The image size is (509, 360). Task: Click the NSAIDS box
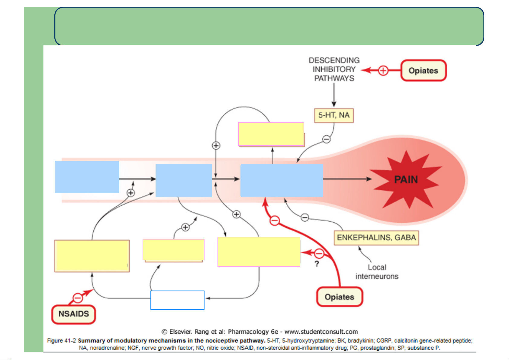(x=74, y=314)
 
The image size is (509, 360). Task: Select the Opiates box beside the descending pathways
(x=424, y=70)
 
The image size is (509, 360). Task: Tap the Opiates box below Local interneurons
(x=340, y=297)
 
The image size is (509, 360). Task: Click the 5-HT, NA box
(x=334, y=115)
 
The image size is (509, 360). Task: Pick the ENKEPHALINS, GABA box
(x=376, y=238)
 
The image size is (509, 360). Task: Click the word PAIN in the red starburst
(x=406, y=179)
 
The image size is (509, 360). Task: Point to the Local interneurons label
(x=377, y=272)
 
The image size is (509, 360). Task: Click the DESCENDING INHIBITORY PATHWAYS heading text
(x=334, y=69)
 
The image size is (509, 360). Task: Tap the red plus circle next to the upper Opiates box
(x=383, y=70)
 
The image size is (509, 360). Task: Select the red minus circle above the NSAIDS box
(x=78, y=298)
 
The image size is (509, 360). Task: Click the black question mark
(x=317, y=264)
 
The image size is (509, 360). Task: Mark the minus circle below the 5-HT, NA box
(x=327, y=139)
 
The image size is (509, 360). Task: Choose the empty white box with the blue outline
(x=177, y=300)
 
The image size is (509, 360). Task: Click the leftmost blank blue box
(x=87, y=177)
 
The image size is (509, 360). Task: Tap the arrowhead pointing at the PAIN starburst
(x=369, y=179)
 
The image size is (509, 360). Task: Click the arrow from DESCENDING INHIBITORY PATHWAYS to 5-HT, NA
(x=334, y=95)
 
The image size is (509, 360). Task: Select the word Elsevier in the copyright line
(x=180, y=332)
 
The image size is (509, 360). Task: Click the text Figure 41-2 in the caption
(x=61, y=341)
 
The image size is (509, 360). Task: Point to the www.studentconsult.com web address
(x=321, y=332)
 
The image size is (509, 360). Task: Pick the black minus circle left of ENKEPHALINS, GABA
(x=305, y=217)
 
